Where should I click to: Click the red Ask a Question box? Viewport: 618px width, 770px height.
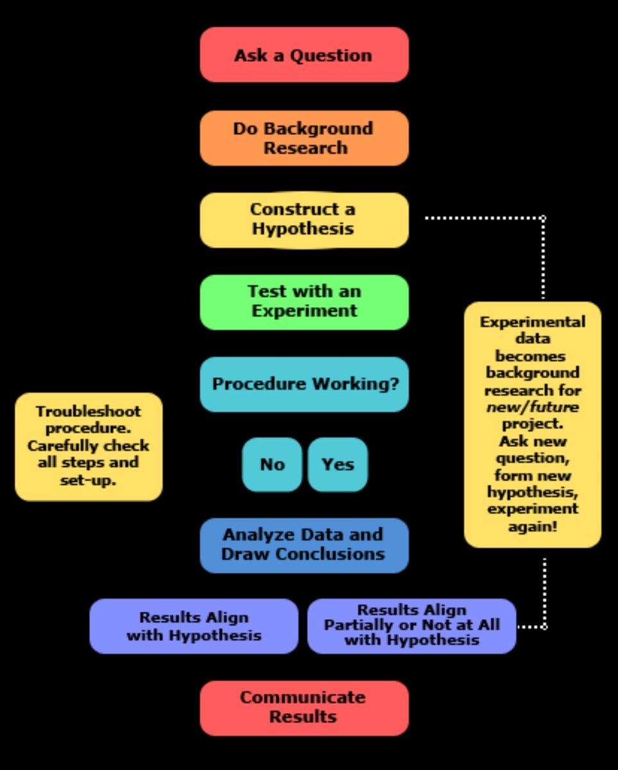(x=304, y=55)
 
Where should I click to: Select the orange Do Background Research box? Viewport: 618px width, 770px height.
(x=304, y=138)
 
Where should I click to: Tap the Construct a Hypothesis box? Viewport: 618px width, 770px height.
(x=304, y=219)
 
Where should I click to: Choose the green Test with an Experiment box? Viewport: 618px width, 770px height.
(x=304, y=302)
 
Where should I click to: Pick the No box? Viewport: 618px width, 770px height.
(x=272, y=465)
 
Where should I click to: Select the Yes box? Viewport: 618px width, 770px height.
(x=338, y=465)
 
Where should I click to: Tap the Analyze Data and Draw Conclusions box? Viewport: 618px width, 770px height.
(x=304, y=545)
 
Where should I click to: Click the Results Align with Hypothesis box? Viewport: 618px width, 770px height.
(x=194, y=626)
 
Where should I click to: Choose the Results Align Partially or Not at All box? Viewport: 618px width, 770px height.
(x=411, y=626)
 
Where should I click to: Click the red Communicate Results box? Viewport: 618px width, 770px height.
(x=304, y=708)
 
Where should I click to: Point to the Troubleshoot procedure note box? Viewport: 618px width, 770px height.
(x=89, y=447)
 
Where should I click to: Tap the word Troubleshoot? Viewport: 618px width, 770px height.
(x=89, y=412)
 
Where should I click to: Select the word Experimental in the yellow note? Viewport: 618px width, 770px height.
(x=533, y=322)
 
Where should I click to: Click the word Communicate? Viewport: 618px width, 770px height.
(x=303, y=697)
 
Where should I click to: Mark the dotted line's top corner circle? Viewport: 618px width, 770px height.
(x=543, y=218)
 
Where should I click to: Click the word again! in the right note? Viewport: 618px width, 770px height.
(x=532, y=527)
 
